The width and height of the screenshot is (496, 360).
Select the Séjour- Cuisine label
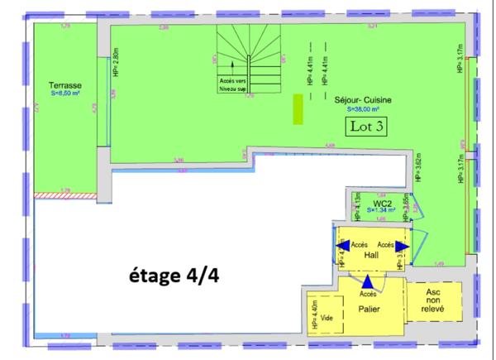point(363,100)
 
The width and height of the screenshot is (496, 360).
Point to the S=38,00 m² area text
point(363,108)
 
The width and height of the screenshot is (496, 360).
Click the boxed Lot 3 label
point(365,127)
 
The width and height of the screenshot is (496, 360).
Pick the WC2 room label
point(381,203)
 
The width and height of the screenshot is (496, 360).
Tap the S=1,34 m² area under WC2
point(380,211)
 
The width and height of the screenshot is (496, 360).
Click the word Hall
point(371,256)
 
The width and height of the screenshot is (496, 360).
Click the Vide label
point(327,318)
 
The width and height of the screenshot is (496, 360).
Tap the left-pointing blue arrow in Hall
point(341,246)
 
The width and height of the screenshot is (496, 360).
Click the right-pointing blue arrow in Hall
point(401,246)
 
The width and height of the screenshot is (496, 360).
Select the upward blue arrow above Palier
point(367,285)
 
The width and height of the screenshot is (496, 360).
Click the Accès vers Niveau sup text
point(234,83)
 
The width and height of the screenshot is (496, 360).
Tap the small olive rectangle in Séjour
point(297,108)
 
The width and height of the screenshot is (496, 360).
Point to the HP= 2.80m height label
point(115,62)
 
